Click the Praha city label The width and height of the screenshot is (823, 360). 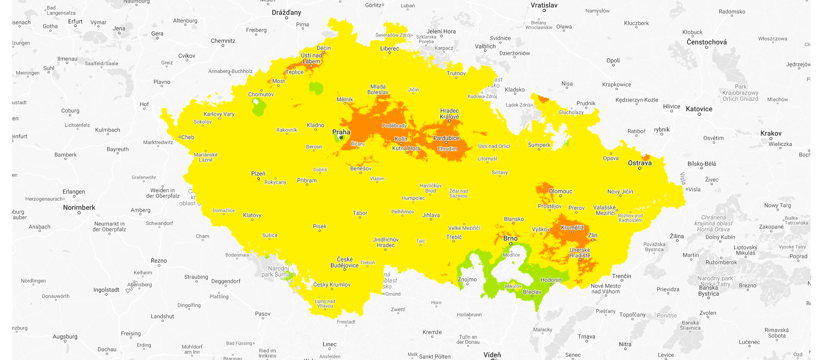click(x=341, y=132)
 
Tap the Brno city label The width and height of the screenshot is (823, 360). click(x=510, y=238)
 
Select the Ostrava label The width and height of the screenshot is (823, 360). click(x=640, y=163)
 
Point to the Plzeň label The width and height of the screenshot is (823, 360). click(x=258, y=174)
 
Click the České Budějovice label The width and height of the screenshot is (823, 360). click(x=345, y=262)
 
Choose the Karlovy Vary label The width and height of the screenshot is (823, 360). click(x=219, y=114)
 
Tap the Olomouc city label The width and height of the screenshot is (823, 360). click(x=561, y=191)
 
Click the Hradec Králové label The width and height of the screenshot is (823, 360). click(x=449, y=114)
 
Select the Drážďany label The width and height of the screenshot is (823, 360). click(x=286, y=12)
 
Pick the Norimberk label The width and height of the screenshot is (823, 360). click(x=79, y=207)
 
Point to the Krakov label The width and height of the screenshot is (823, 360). click(x=771, y=133)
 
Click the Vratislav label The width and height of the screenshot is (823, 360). click(x=544, y=5)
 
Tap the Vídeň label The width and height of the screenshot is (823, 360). click(x=492, y=354)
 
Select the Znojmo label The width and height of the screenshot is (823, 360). click(x=467, y=279)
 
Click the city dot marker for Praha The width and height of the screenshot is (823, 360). click(x=341, y=138)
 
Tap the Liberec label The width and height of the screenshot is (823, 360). click(x=390, y=48)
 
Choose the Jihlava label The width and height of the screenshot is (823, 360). click(x=431, y=215)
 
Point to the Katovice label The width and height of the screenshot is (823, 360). click(x=699, y=109)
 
